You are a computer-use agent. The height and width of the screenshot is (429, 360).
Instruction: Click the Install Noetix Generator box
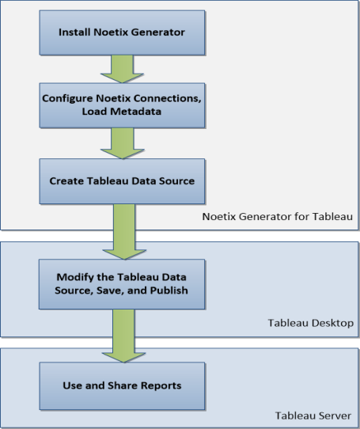click(122, 32)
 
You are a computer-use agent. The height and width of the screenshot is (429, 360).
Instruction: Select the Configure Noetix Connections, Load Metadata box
click(122, 105)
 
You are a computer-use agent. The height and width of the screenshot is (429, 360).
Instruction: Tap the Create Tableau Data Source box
click(122, 181)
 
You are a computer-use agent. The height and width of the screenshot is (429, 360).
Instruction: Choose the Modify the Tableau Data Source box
click(122, 284)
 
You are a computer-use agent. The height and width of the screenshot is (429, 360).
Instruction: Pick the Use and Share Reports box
click(122, 385)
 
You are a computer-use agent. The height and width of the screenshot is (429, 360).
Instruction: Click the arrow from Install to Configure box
click(122, 69)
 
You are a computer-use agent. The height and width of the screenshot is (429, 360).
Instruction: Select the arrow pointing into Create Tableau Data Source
click(123, 143)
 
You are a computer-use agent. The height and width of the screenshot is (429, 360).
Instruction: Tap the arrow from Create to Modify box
click(124, 231)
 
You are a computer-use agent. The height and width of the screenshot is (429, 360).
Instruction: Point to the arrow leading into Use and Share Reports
click(123, 336)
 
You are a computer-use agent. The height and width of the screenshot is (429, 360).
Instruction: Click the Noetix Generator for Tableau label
click(278, 216)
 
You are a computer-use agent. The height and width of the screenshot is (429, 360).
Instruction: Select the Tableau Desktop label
click(310, 323)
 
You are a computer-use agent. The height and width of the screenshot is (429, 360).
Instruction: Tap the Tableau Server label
click(313, 416)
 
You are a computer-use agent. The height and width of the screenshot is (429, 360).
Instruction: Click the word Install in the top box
click(74, 32)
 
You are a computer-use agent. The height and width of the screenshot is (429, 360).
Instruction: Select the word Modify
click(75, 277)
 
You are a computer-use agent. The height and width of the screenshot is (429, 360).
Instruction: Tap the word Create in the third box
click(66, 180)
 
